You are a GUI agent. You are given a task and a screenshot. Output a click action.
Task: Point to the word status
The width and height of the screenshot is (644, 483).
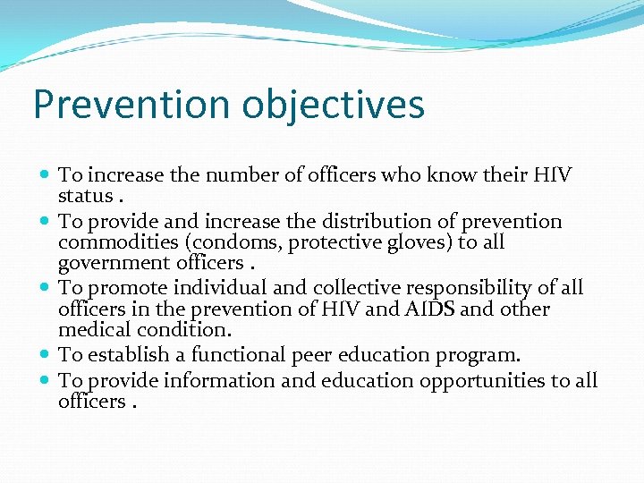(x=85, y=196)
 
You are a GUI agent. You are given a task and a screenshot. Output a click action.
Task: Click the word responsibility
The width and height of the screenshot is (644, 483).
(x=481, y=287)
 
